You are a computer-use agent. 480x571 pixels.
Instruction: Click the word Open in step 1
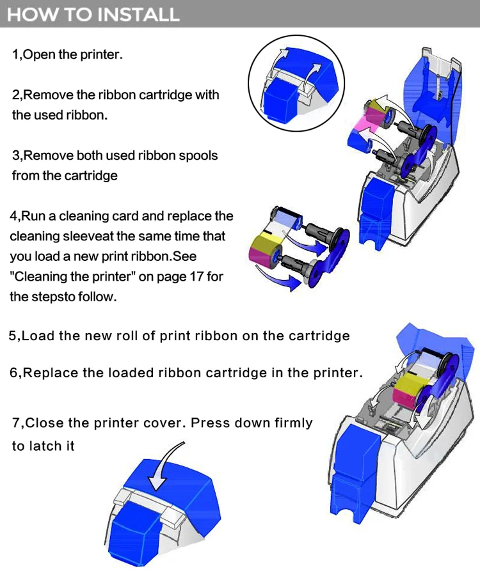39,54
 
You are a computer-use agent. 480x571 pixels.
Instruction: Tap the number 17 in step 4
196,276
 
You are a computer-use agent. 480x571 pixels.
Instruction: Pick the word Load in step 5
38,336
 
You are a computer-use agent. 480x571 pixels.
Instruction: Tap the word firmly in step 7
293,423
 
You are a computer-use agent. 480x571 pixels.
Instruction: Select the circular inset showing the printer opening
296,83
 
